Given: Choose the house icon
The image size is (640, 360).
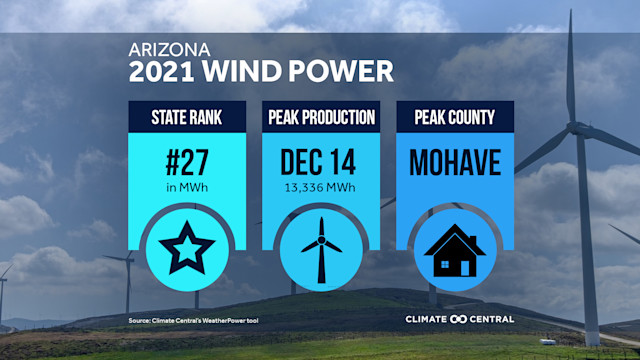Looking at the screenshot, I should (456, 250).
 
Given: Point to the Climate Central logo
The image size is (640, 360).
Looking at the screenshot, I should (459, 319).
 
